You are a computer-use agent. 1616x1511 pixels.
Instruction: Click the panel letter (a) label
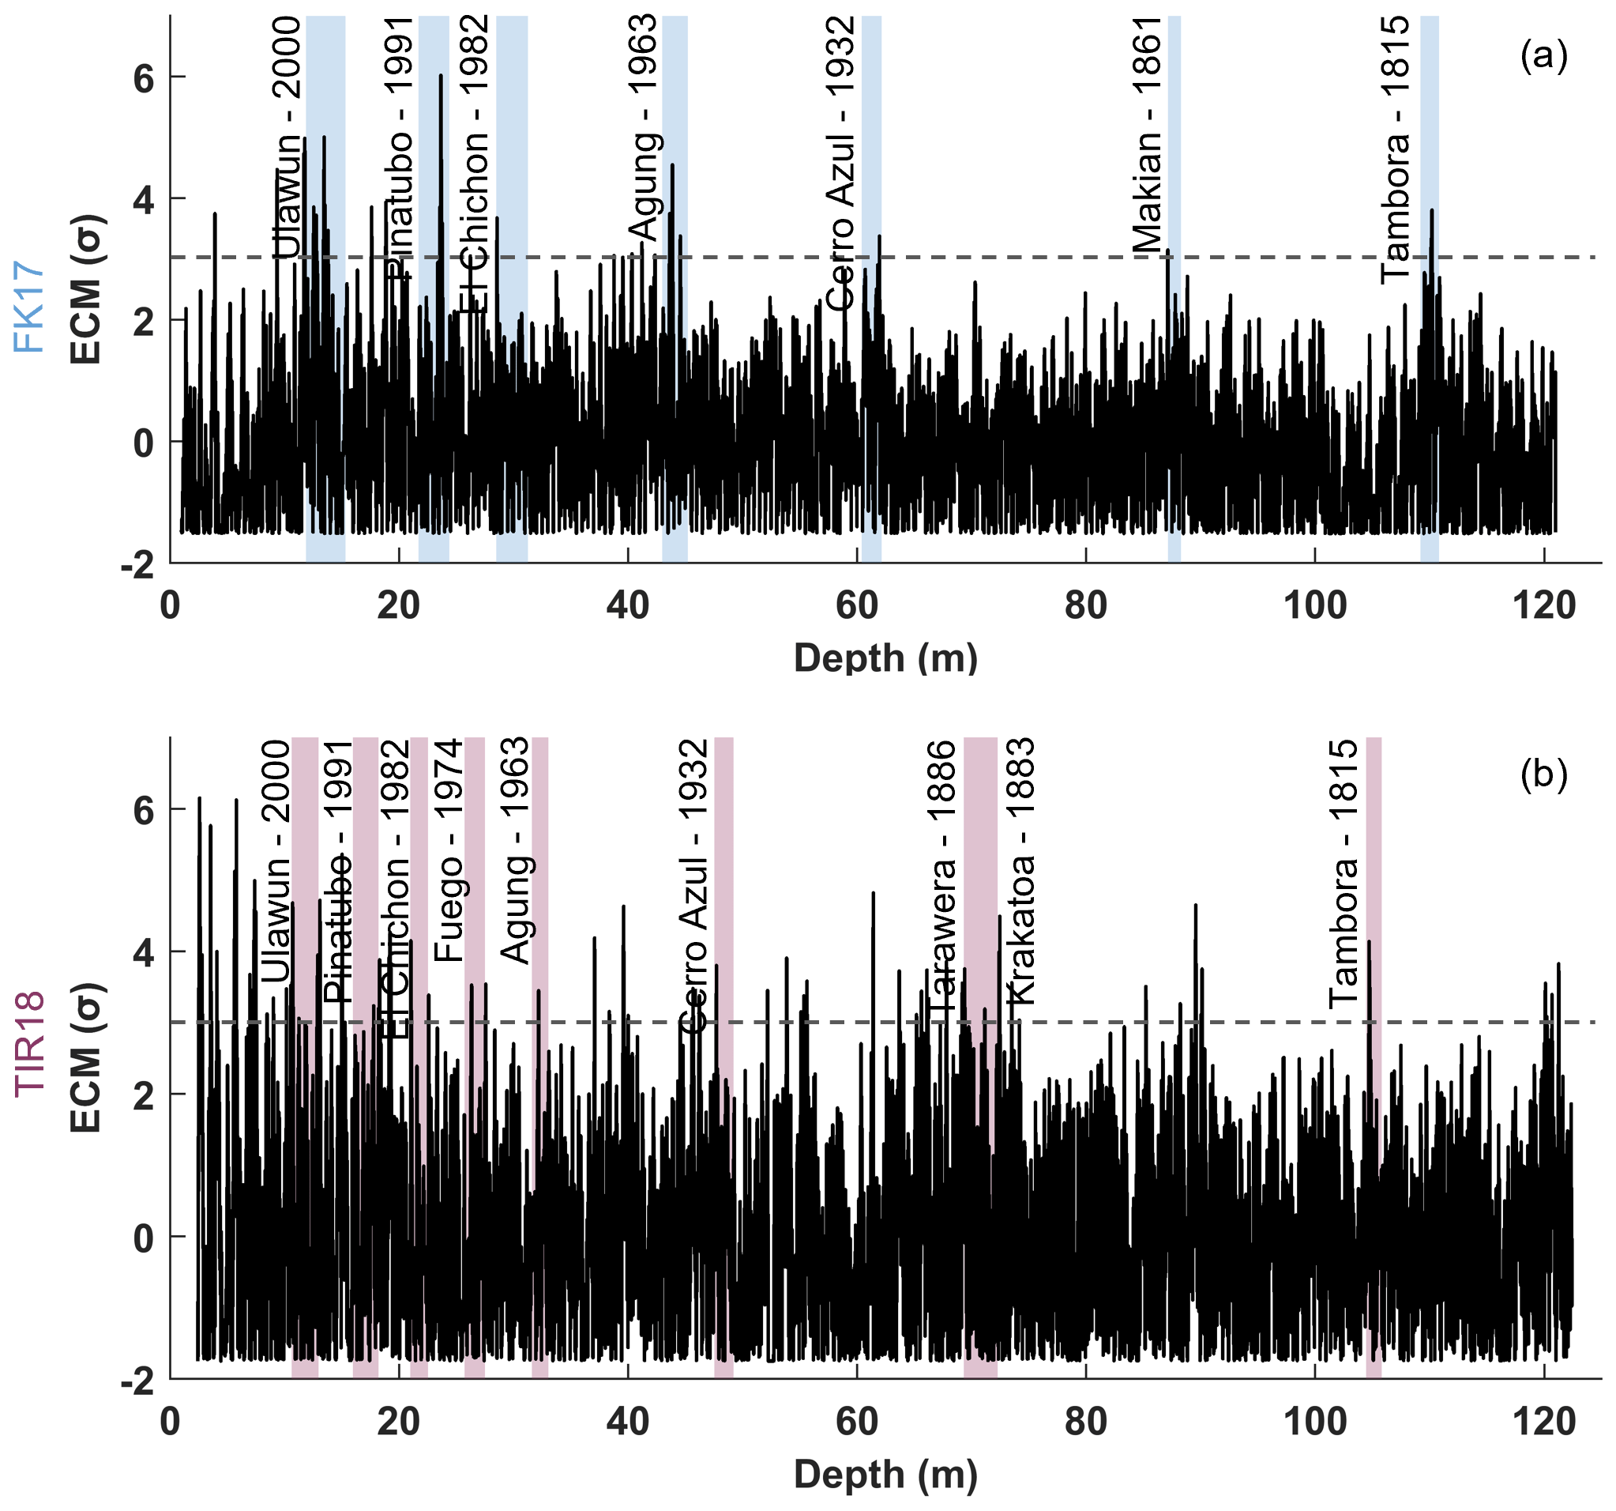pos(1543,56)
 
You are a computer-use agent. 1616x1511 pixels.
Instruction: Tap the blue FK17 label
pos(29,306)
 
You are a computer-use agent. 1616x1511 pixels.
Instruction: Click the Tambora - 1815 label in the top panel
pos(1396,149)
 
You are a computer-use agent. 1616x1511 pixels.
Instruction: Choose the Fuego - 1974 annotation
pos(448,850)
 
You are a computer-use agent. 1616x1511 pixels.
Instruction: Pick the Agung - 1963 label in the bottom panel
pos(514,850)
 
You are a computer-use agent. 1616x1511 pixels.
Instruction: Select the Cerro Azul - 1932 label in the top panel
pos(840,163)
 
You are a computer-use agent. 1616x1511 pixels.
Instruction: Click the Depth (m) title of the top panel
pos(885,657)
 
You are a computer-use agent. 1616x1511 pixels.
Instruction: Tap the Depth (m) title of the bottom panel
pos(885,1474)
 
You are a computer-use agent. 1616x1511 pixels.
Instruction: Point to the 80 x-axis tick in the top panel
pos(1086,606)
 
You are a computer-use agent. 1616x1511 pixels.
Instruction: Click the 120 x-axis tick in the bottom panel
pos(1544,1422)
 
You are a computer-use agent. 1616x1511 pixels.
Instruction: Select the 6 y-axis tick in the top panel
pos(143,79)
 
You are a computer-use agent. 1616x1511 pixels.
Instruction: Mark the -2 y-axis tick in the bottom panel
pos(138,1379)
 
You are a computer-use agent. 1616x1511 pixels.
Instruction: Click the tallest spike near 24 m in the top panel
pos(441,77)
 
